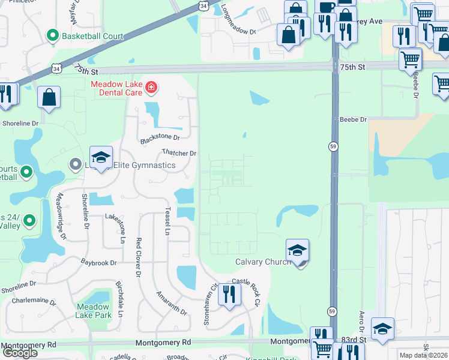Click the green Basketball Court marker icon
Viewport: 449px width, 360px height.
pyautogui.click(x=53, y=36)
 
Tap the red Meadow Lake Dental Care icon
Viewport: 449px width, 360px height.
pyautogui.click(x=151, y=89)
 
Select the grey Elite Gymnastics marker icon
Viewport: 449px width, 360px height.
pyautogui.click(x=75, y=164)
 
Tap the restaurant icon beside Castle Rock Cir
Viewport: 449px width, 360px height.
pyautogui.click(x=229, y=295)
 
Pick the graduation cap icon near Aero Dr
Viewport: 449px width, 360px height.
pyautogui.click(x=382, y=328)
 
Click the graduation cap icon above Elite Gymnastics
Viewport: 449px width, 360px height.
pyautogui.click(x=101, y=157)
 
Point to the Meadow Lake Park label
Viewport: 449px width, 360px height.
pyautogui.click(x=93, y=310)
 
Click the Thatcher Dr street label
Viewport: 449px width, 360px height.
pyautogui.click(x=179, y=154)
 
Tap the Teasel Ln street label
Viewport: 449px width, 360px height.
pyautogui.click(x=167, y=223)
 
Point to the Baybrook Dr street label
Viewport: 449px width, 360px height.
pyautogui.click(x=99, y=263)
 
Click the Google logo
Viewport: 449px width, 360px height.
pyautogui.click(x=20, y=353)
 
